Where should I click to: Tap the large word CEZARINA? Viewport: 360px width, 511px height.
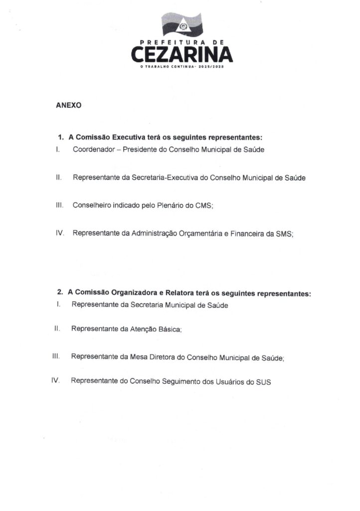coord(182,54)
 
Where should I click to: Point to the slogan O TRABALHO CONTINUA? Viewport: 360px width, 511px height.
coord(167,66)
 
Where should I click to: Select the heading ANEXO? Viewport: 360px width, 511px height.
coord(69,106)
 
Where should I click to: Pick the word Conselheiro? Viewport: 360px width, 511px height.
coord(92,205)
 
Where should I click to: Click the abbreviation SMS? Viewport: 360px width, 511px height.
coord(284,233)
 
